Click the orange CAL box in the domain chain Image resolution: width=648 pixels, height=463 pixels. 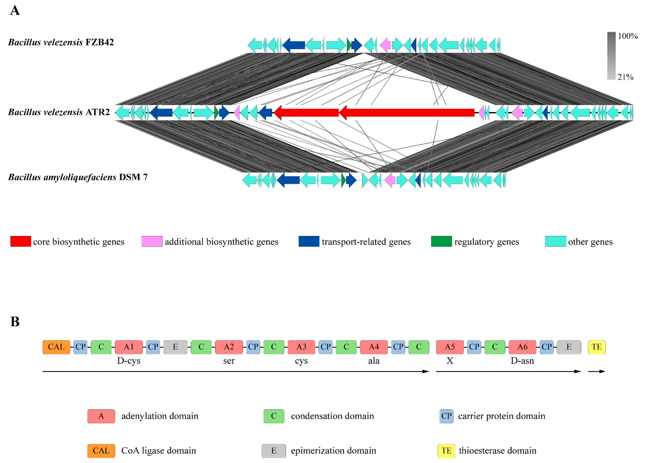56,347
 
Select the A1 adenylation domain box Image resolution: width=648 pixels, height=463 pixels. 129,347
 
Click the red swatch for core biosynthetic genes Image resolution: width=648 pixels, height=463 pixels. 21,241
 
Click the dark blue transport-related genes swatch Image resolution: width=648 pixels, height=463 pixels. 309,241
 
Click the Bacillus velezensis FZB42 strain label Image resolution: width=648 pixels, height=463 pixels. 61,42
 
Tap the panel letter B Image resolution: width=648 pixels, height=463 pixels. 15,322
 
